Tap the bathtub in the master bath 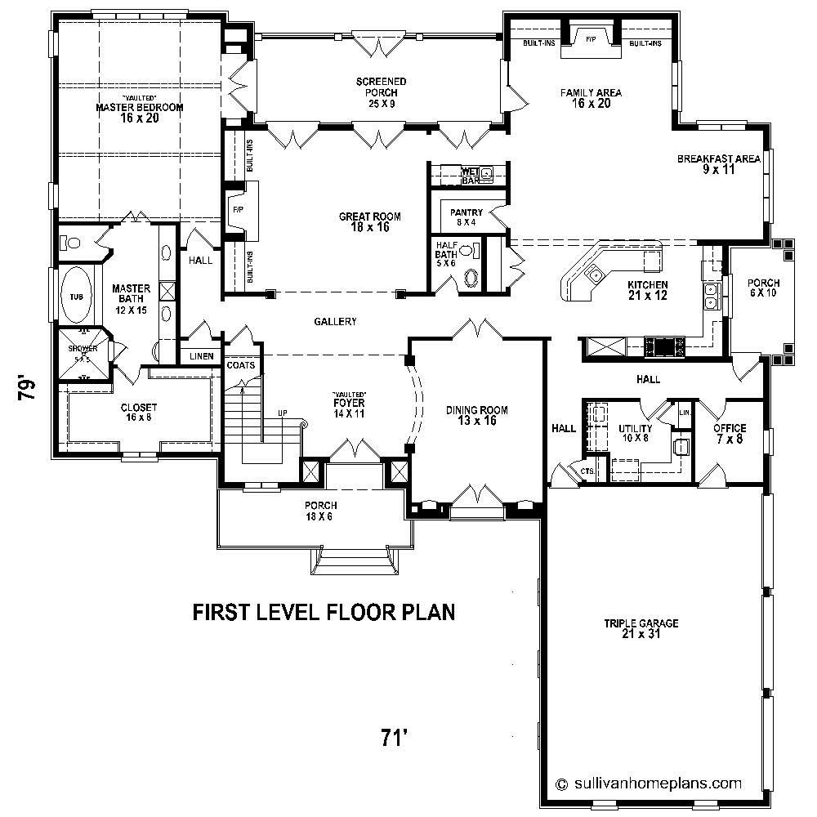coord(76,297)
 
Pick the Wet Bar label coord(469,174)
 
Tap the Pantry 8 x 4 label coord(467,217)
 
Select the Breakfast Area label coord(719,164)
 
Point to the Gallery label coord(335,322)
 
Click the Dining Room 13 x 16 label coord(477,416)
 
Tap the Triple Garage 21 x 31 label coord(641,629)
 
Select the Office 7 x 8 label coord(730,434)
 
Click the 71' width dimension coord(394,738)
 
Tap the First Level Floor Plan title coord(324,612)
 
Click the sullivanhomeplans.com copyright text coord(649,783)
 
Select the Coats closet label coord(240,364)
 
